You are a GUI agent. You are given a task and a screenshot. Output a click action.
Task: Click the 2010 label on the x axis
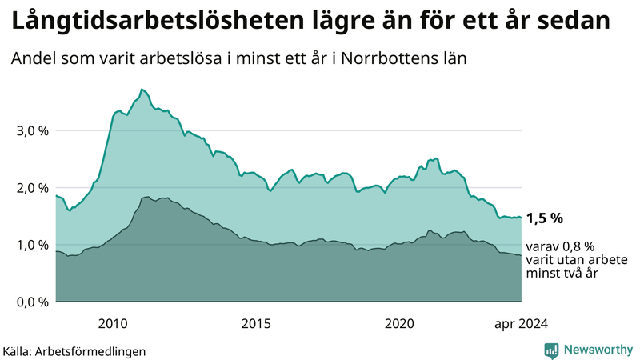pyautogui.click(x=113, y=323)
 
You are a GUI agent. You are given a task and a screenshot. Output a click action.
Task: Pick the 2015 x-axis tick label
pyautogui.click(x=256, y=323)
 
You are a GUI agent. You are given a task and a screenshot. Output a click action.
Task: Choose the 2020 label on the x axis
pyautogui.click(x=399, y=323)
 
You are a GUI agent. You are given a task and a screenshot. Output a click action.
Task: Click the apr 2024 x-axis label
pyautogui.click(x=521, y=323)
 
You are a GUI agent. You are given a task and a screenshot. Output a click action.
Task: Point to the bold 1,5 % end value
pyautogui.click(x=545, y=218)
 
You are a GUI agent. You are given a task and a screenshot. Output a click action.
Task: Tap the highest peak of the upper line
pyautogui.click(x=142, y=89)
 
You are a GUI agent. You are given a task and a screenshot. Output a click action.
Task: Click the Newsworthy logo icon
pyautogui.click(x=551, y=350)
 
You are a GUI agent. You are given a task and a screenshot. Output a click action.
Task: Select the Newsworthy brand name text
pyautogui.click(x=596, y=350)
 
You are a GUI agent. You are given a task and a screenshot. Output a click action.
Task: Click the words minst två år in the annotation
pyautogui.click(x=562, y=274)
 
